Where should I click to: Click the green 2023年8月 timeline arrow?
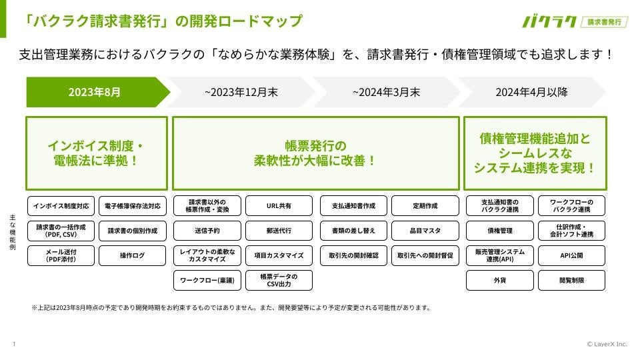pyautogui.click(x=95, y=92)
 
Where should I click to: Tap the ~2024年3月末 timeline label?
pyautogui.click(x=387, y=92)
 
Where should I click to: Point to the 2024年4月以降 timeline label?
pyautogui.click(x=531, y=92)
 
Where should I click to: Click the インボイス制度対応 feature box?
pyautogui.click(x=61, y=206)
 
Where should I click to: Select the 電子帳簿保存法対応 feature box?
pyautogui.click(x=133, y=206)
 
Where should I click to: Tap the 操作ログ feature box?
pyautogui.click(x=133, y=255)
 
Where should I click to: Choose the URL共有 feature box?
pyautogui.click(x=279, y=206)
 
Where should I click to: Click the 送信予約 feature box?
pyautogui.click(x=206, y=231)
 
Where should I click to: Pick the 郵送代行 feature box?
pyautogui.click(x=279, y=231)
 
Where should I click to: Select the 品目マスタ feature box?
pyautogui.click(x=425, y=231)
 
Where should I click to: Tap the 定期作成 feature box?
pyautogui.click(x=425, y=206)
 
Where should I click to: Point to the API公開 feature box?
pyautogui.click(x=571, y=255)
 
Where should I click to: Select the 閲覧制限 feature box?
pyautogui.click(x=571, y=280)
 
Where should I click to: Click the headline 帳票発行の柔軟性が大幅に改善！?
pyautogui.click(x=315, y=153)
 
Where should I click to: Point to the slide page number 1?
pyautogui.click(x=13, y=344)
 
